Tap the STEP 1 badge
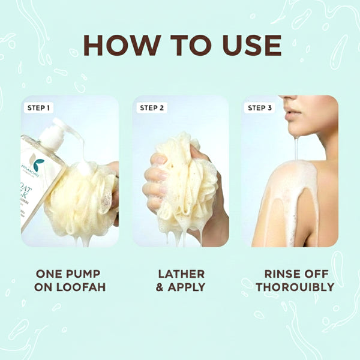coord(39,109)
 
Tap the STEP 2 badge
coord(151,109)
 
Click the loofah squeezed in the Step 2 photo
coord(180,183)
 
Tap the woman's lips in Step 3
coord(291,115)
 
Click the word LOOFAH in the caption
coord(81,287)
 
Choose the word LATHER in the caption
coord(181,274)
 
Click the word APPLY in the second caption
coord(187,287)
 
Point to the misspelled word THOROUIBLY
coord(295,287)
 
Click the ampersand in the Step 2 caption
coord(160,287)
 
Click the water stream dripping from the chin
coord(296,147)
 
